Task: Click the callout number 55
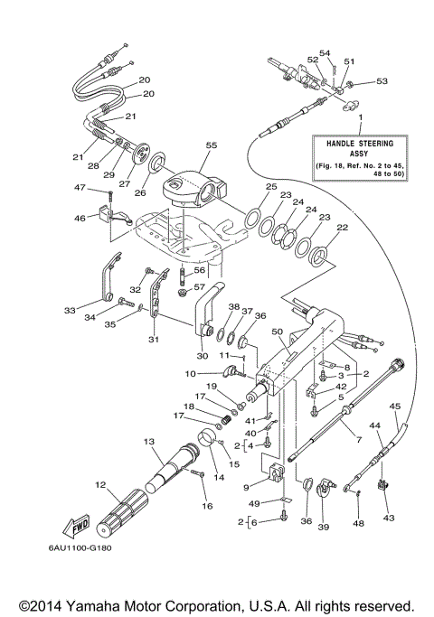pyautogui.click(x=212, y=145)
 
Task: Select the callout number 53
pyautogui.click(x=382, y=81)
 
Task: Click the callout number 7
pyautogui.click(x=359, y=439)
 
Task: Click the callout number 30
pyautogui.click(x=201, y=356)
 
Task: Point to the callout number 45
pyautogui.click(x=395, y=406)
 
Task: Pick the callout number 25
pyautogui.click(x=271, y=186)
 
